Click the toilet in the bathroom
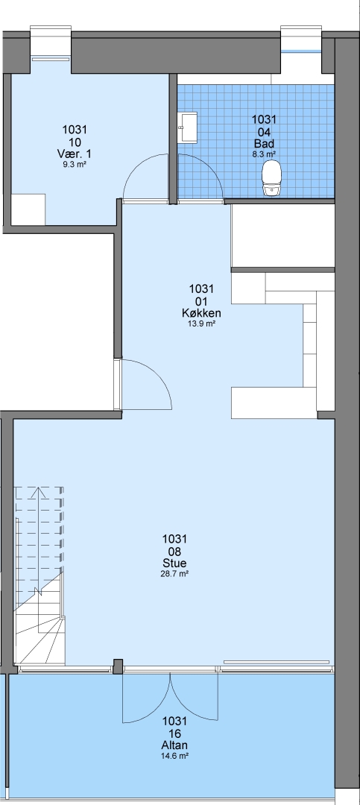point(271,178)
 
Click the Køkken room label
point(201,312)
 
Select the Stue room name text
point(174,563)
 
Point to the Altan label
point(174,745)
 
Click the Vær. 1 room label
point(75,154)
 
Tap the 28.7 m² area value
point(174,573)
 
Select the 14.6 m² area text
point(174,755)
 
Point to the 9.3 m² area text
point(75,164)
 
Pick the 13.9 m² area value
point(201,323)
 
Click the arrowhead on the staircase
point(38,493)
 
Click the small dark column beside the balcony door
point(118,666)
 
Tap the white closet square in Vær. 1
point(28,209)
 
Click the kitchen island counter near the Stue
point(274,402)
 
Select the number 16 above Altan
point(174,733)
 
